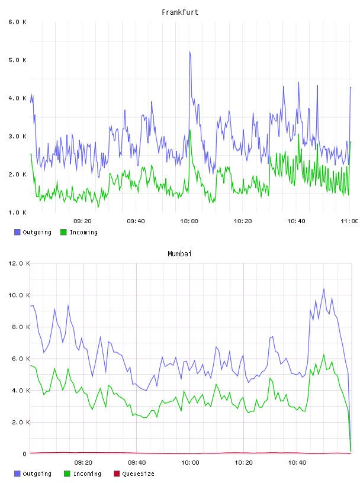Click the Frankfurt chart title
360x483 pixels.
tap(180, 12)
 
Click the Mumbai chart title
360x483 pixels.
tap(179, 254)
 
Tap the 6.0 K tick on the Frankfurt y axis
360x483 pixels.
tap(17, 22)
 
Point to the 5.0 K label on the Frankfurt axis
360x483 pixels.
tap(17, 60)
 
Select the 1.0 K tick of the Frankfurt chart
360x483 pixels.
tap(17, 212)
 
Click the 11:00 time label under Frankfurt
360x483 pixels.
tap(349, 221)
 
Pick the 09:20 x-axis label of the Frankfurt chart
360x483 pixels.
tap(82, 221)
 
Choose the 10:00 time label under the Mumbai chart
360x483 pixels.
tap(190, 463)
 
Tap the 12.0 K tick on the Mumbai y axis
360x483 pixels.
tap(19, 263)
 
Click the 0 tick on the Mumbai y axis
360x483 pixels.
tap(24, 454)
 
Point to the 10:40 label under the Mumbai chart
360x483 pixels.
tap(297, 463)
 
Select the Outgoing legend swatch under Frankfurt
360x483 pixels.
tap(17, 232)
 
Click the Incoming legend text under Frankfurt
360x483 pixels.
tap(83, 232)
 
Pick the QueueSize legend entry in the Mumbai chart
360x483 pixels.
tap(134, 474)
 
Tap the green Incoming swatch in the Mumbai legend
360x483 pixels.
tap(67, 474)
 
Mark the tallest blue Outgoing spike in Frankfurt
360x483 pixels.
tap(190, 51)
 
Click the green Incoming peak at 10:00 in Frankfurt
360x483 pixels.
tap(190, 130)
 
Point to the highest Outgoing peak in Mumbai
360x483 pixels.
tap(324, 289)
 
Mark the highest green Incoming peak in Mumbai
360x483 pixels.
tap(324, 355)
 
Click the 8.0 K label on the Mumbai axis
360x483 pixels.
tap(19, 327)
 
